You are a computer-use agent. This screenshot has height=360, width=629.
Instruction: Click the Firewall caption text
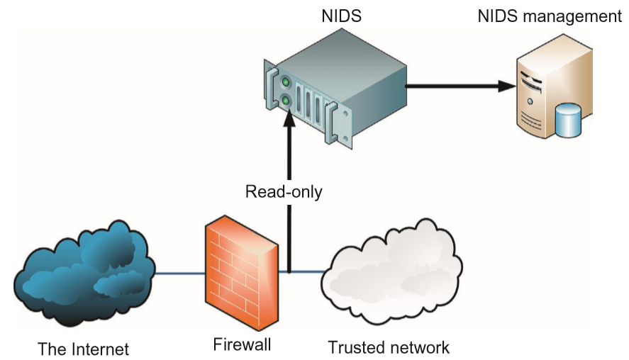[242, 345]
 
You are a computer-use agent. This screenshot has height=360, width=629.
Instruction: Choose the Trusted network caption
[389, 347]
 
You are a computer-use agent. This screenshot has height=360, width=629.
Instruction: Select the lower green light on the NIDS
[286, 101]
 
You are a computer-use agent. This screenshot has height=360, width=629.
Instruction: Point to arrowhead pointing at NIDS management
[508, 86]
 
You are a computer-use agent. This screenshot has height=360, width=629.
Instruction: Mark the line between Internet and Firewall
[177, 272]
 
